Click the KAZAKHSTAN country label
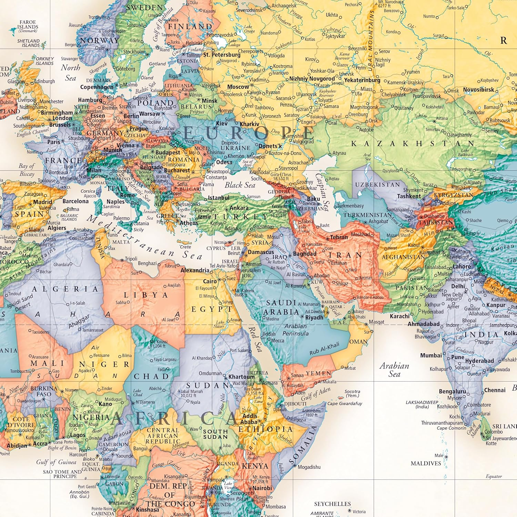[x=412, y=143]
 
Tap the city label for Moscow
[x=238, y=87]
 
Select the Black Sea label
[x=240, y=185]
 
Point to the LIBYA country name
[x=146, y=295]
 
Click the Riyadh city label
[x=314, y=317]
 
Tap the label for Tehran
[x=339, y=237]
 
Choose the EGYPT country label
[x=212, y=309]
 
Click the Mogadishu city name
[x=309, y=467]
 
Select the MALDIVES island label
[x=426, y=464]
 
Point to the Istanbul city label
[x=219, y=198]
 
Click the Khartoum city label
[x=241, y=377]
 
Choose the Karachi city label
[x=399, y=316]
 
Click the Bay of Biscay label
[x=27, y=170]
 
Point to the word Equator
[x=494, y=476]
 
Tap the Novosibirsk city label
[x=478, y=90]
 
